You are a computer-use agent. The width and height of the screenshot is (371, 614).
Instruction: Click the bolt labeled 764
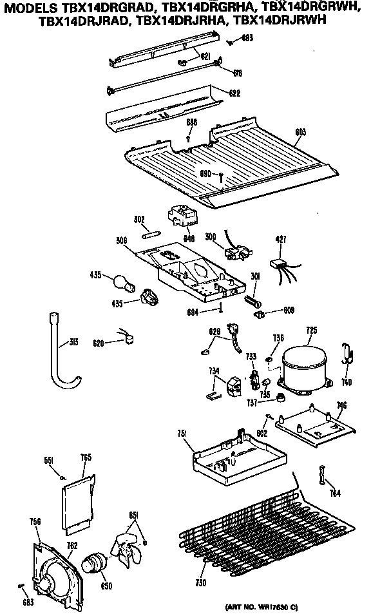click(x=321, y=475)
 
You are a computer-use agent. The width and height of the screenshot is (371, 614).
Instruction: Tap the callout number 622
click(x=234, y=93)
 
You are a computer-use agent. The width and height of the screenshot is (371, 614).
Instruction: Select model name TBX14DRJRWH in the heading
click(x=281, y=20)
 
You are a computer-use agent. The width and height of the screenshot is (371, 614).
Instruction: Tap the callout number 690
click(x=205, y=174)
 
